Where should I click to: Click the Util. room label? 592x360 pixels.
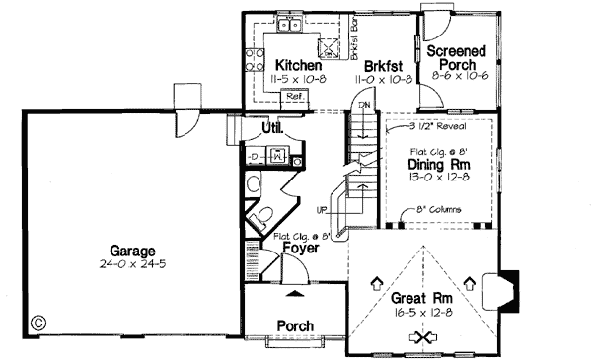[273, 129]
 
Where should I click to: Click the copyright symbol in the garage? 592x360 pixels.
[38, 321]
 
